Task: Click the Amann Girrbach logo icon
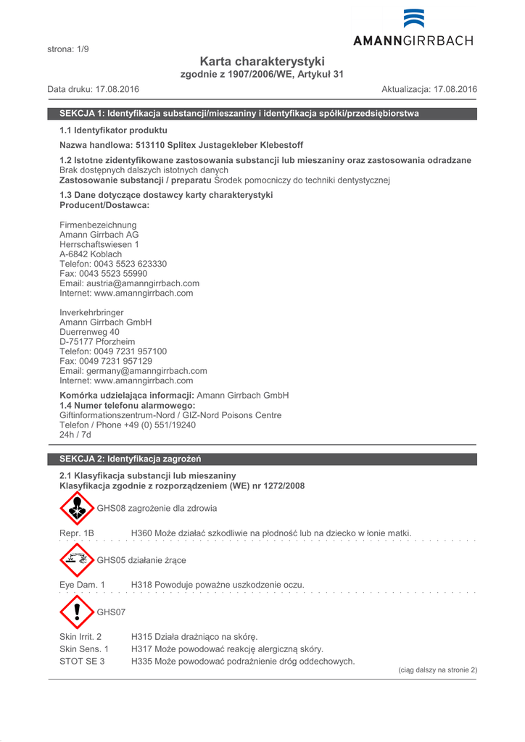(414, 18)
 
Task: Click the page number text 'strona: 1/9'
(68, 49)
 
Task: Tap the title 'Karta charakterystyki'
(262, 62)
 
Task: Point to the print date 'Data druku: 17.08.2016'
(94, 89)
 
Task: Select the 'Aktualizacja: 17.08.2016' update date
(429, 89)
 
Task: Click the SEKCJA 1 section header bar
(262, 114)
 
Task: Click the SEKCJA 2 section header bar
(262, 459)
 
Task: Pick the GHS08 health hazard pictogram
(77, 508)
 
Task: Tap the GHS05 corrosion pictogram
(77, 559)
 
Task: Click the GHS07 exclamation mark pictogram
(77, 612)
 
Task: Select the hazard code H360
(141, 533)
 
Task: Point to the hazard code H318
(141, 585)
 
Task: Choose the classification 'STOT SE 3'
(82, 662)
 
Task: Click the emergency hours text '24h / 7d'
(75, 435)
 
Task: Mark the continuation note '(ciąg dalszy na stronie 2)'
(438, 670)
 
